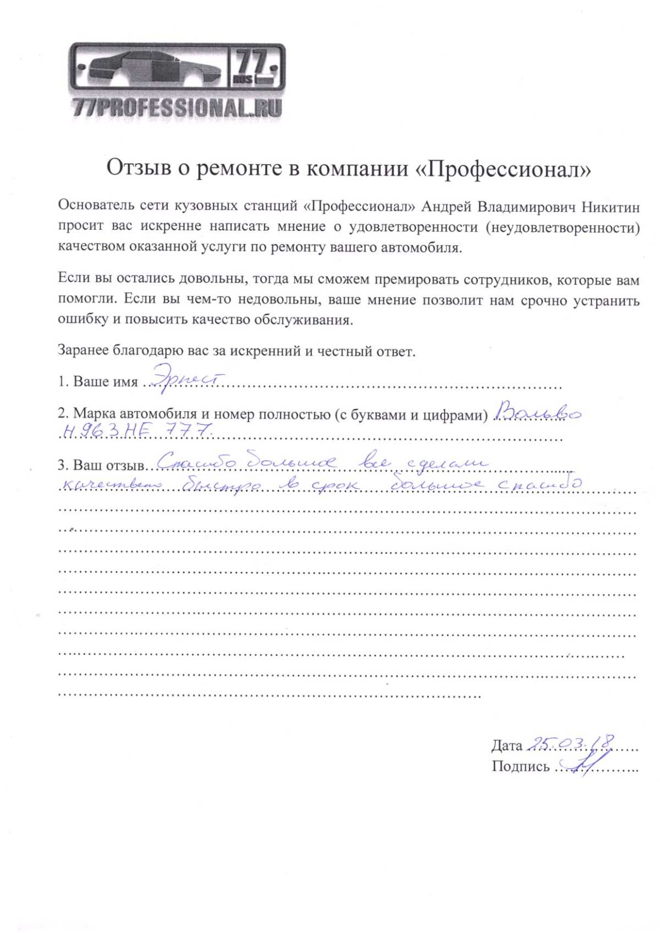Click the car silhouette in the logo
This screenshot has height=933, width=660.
point(148,68)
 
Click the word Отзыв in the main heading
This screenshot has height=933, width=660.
point(139,168)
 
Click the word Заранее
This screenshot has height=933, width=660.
point(82,350)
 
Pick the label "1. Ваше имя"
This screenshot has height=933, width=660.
point(98,382)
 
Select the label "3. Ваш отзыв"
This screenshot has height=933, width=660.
point(101,465)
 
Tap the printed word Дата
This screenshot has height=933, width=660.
point(507,746)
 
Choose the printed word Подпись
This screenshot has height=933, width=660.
point(520,766)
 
